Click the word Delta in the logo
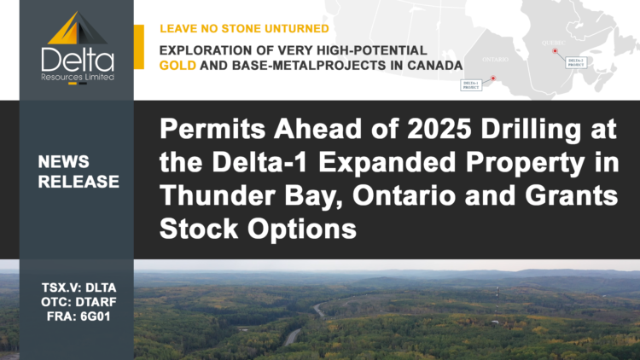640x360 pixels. pos(76,58)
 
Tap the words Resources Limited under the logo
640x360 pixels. pos(76,77)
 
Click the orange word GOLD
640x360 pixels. pos(180,65)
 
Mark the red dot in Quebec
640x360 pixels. pos(556,51)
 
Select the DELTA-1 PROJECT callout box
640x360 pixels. pos(471,84)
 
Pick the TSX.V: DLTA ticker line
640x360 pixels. pos(77,289)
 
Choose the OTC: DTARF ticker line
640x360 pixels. pos(77,304)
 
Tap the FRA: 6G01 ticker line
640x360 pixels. pos(77,318)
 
